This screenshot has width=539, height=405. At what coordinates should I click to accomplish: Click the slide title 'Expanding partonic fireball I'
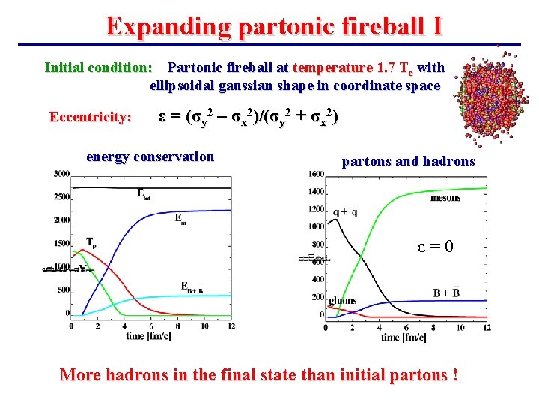pyautogui.click(x=274, y=26)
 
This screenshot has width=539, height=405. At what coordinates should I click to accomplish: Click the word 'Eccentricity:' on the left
pyautogui.click(x=91, y=117)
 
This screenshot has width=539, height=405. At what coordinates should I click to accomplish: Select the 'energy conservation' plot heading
pyautogui.click(x=150, y=157)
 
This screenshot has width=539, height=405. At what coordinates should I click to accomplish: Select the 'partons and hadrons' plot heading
pyautogui.click(x=408, y=161)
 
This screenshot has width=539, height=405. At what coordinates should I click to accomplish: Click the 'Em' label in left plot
pyautogui.click(x=181, y=218)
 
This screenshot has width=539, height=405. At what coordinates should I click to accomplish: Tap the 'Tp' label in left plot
pyautogui.click(x=91, y=242)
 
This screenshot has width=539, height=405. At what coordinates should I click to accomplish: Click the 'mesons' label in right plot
pyautogui.click(x=445, y=198)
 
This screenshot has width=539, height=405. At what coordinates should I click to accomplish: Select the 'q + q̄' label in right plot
pyautogui.click(x=344, y=212)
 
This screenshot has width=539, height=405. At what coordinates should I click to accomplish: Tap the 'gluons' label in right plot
pyautogui.click(x=344, y=301)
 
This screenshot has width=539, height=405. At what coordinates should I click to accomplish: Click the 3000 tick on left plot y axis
pyautogui.click(x=61, y=174)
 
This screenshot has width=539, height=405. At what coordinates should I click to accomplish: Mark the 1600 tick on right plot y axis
pyautogui.click(x=316, y=175)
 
